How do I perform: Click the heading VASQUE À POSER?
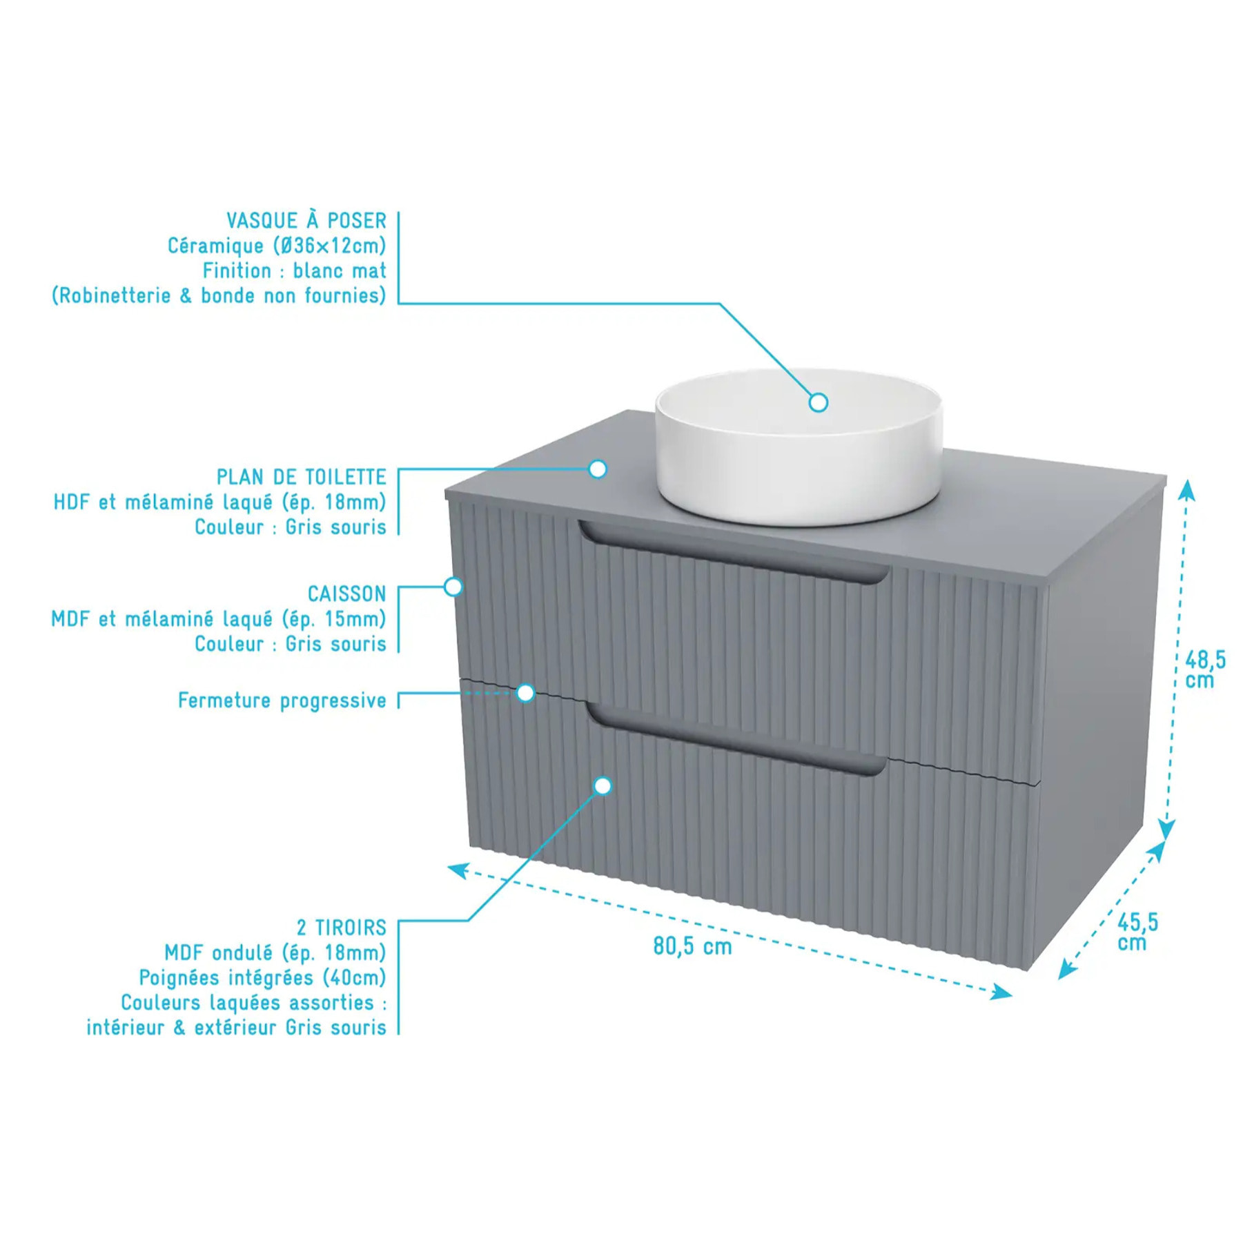(306, 221)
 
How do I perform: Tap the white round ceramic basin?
(799, 446)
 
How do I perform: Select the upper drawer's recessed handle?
(734, 552)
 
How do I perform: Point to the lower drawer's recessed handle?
(736, 739)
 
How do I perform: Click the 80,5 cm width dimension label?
(692, 946)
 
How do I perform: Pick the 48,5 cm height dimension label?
(1205, 669)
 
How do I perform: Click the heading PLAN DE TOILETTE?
(302, 477)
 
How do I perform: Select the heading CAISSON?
(346, 594)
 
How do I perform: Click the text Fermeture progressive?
(282, 701)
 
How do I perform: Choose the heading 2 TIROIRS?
(342, 927)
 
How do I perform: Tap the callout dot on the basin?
(819, 402)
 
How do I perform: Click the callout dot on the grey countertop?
(598, 469)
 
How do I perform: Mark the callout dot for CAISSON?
(453, 587)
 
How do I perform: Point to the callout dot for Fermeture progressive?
(526, 693)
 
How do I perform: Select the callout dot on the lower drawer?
(603, 785)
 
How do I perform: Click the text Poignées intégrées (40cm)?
(263, 977)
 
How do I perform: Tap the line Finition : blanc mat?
(295, 271)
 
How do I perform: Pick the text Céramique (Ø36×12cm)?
(277, 246)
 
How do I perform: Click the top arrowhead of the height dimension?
(1186, 489)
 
